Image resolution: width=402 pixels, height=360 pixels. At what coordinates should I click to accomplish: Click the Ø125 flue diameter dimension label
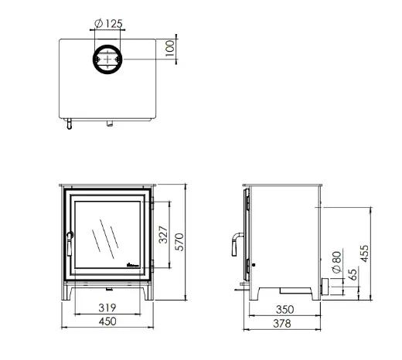pyautogui.click(x=108, y=24)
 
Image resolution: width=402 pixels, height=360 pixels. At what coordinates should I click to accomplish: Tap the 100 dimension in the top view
pyautogui.click(x=170, y=48)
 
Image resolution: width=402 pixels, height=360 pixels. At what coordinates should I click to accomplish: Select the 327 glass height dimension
pyautogui.click(x=163, y=235)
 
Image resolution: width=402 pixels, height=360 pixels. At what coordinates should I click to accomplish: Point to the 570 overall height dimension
pyautogui.click(x=179, y=242)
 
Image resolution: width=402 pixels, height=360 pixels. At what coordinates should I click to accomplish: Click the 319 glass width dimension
pyautogui.click(x=107, y=307)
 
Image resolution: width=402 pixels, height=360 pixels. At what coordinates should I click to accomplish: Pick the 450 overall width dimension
pyautogui.click(x=107, y=321)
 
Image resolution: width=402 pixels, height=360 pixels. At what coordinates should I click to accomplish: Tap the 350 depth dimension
pyautogui.click(x=284, y=310)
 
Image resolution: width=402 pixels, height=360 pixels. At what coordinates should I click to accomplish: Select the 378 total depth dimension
pyautogui.click(x=282, y=324)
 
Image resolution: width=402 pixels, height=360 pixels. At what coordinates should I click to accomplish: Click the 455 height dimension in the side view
pyautogui.click(x=365, y=253)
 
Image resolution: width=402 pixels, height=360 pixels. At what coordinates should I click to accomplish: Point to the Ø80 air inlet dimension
pyautogui.click(x=337, y=262)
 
